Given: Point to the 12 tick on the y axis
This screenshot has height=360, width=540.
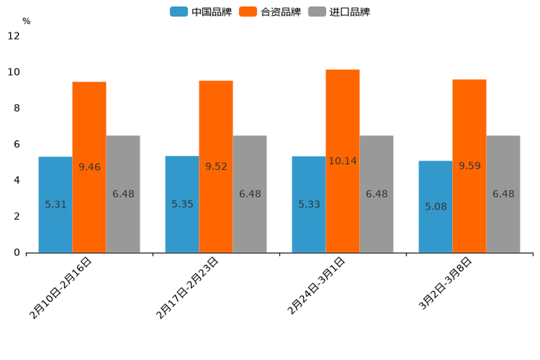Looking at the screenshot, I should click(x=14, y=36).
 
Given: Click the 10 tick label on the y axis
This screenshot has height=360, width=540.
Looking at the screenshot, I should click(x=14, y=72).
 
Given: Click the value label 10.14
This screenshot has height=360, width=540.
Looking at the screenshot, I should click(x=343, y=161).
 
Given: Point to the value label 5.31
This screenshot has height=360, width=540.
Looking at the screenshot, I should click(x=55, y=205).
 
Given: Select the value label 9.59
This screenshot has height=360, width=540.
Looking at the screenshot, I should click(x=470, y=166).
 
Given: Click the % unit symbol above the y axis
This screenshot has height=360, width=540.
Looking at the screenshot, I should click(x=26, y=22).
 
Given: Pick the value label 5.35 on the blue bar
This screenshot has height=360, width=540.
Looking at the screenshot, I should click(x=182, y=204).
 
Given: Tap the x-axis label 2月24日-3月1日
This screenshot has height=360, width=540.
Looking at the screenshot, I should click(x=316, y=286).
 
